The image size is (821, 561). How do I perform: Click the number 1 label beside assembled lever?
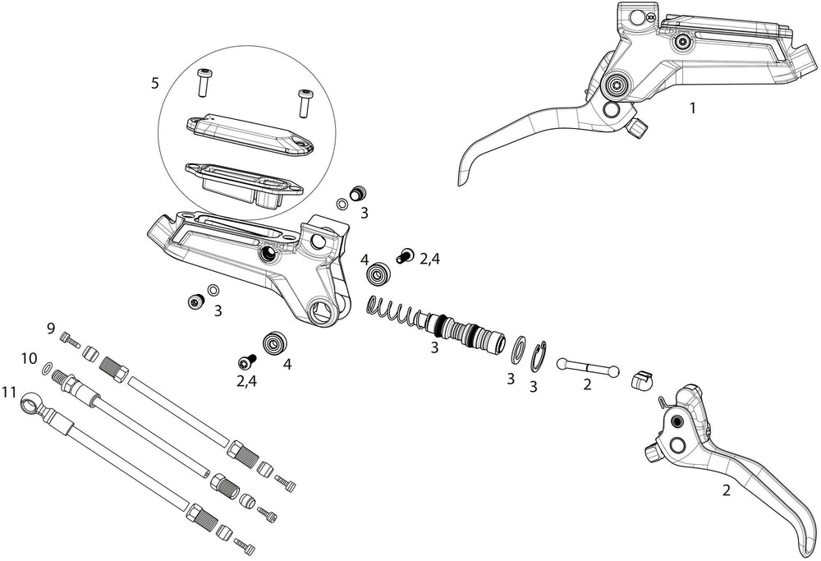pyautogui.click(x=692, y=107)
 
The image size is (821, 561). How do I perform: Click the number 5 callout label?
pyautogui.click(x=155, y=83)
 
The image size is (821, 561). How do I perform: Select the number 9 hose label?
pyautogui.click(x=51, y=329)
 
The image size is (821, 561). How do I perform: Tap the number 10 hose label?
pyautogui.click(x=30, y=359)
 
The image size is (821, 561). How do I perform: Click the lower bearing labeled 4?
pyautogui.click(x=274, y=342)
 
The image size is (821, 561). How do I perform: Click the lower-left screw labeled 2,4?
pyautogui.click(x=245, y=361)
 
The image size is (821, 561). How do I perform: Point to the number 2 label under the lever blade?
pyautogui.click(x=726, y=491)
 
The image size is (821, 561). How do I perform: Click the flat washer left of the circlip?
pyautogui.click(x=519, y=347)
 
